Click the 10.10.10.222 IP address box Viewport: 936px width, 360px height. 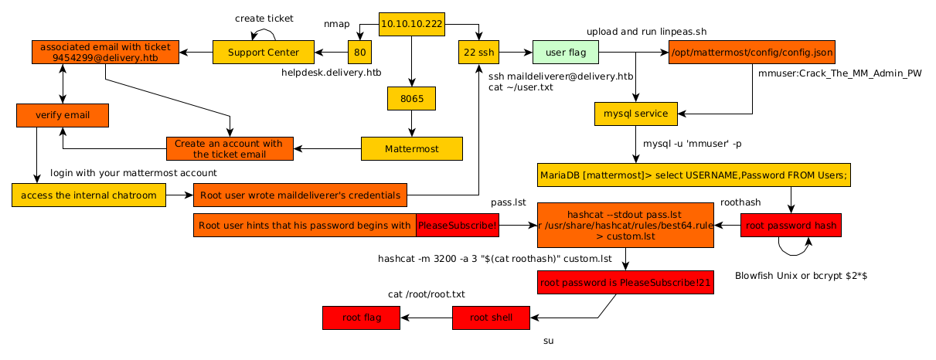click(x=412, y=25)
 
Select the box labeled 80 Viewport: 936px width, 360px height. click(x=359, y=53)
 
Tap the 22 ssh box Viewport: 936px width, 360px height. click(x=478, y=53)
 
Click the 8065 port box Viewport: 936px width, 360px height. click(x=411, y=99)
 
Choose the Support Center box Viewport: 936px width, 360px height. click(x=264, y=53)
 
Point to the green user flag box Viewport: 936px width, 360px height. click(x=565, y=53)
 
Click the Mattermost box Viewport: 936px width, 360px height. click(x=411, y=148)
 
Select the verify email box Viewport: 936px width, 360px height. click(x=62, y=115)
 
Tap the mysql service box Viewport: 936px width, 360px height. click(x=636, y=114)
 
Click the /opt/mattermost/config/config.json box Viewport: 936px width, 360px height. click(x=751, y=53)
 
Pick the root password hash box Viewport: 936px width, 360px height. click(x=791, y=226)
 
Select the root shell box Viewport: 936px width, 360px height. click(x=491, y=318)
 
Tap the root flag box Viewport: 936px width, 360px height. click(x=362, y=318)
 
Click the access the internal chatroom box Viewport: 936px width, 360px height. click(x=89, y=195)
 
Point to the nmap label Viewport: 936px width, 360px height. click(x=336, y=25)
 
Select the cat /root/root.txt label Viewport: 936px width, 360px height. click(x=426, y=294)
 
